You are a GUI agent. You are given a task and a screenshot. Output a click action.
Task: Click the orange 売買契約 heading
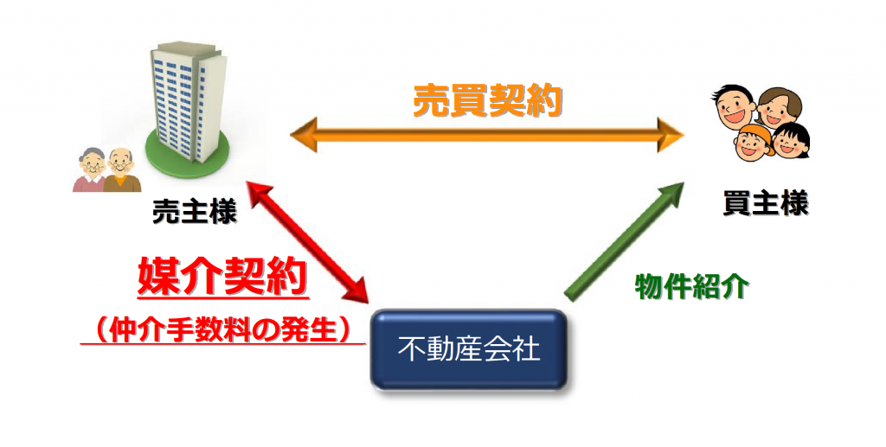[x=488, y=102]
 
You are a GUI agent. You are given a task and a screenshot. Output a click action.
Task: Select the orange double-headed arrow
[x=486, y=136]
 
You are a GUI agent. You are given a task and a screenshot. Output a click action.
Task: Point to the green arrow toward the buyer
[x=624, y=241]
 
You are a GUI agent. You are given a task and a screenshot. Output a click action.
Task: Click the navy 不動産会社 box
[x=468, y=349]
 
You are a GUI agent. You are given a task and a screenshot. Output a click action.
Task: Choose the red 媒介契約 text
[x=223, y=277]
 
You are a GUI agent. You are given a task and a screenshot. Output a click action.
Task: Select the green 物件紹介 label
[x=691, y=287]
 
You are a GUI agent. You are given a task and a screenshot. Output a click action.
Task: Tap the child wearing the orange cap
[x=753, y=142]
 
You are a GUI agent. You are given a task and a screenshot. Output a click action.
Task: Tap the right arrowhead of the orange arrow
[x=671, y=136]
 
